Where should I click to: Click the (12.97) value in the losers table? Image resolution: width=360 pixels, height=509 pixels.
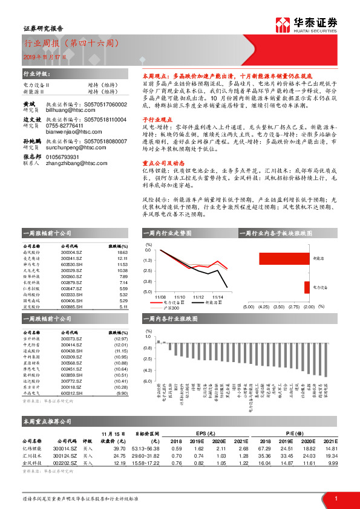120,339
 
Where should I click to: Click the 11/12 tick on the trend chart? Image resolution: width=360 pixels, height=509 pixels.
198,297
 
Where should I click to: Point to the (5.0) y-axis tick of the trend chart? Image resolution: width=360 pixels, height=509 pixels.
148,291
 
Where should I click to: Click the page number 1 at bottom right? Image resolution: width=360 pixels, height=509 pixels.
335,498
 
